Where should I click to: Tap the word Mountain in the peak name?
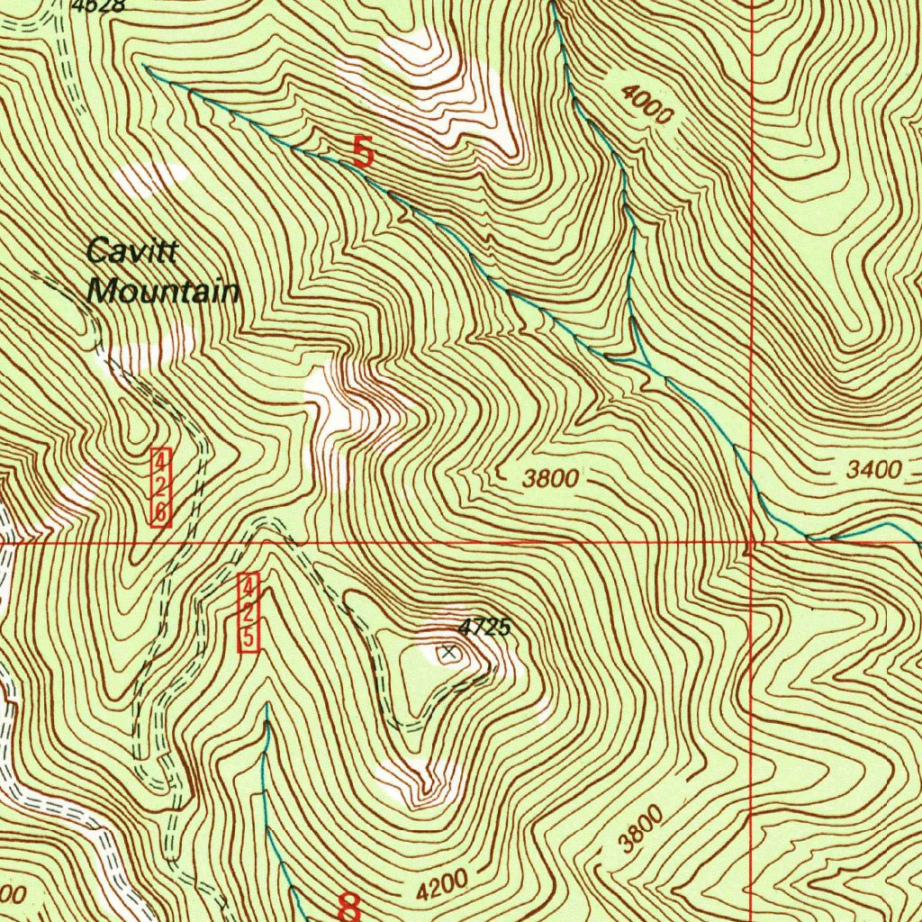click(x=163, y=292)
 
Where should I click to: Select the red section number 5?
click(x=362, y=151)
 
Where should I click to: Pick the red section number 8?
click(x=349, y=906)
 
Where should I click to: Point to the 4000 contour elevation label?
click(x=646, y=104)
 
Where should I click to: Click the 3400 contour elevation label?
click(x=873, y=469)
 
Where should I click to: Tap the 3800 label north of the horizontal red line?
click(x=550, y=479)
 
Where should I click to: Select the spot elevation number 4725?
click(x=484, y=628)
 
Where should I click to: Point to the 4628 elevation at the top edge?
click(x=99, y=5)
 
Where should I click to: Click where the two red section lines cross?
click(x=751, y=543)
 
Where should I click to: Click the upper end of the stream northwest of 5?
click(x=144, y=66)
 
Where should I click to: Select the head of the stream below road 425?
click(x=267, y=707)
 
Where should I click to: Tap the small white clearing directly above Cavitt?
click(x=153, y=177)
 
